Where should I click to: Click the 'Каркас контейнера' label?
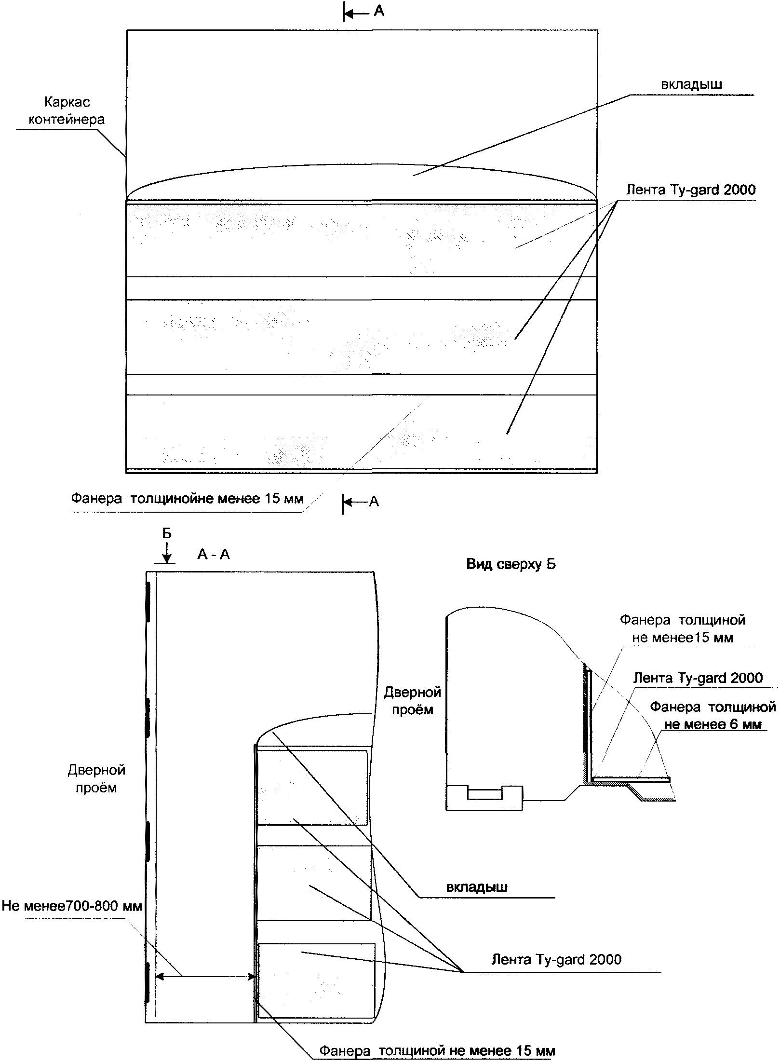pos(67,110)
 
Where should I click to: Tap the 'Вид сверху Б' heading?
pos(511,564)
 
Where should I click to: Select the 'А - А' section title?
pos(213,555)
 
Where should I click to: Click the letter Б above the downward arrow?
pos(166,533)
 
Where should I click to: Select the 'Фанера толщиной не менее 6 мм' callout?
pos(713,716)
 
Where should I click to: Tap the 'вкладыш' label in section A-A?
pos(476,886)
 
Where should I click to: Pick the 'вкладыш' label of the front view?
pos(691,84)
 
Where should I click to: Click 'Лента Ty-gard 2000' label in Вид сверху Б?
pos(698,678)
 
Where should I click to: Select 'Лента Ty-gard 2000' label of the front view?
pos(690,190)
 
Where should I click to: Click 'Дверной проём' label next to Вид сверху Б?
pos(412,701)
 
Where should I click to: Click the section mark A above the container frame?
pos(379,12)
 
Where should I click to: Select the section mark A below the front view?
pos(374,502)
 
